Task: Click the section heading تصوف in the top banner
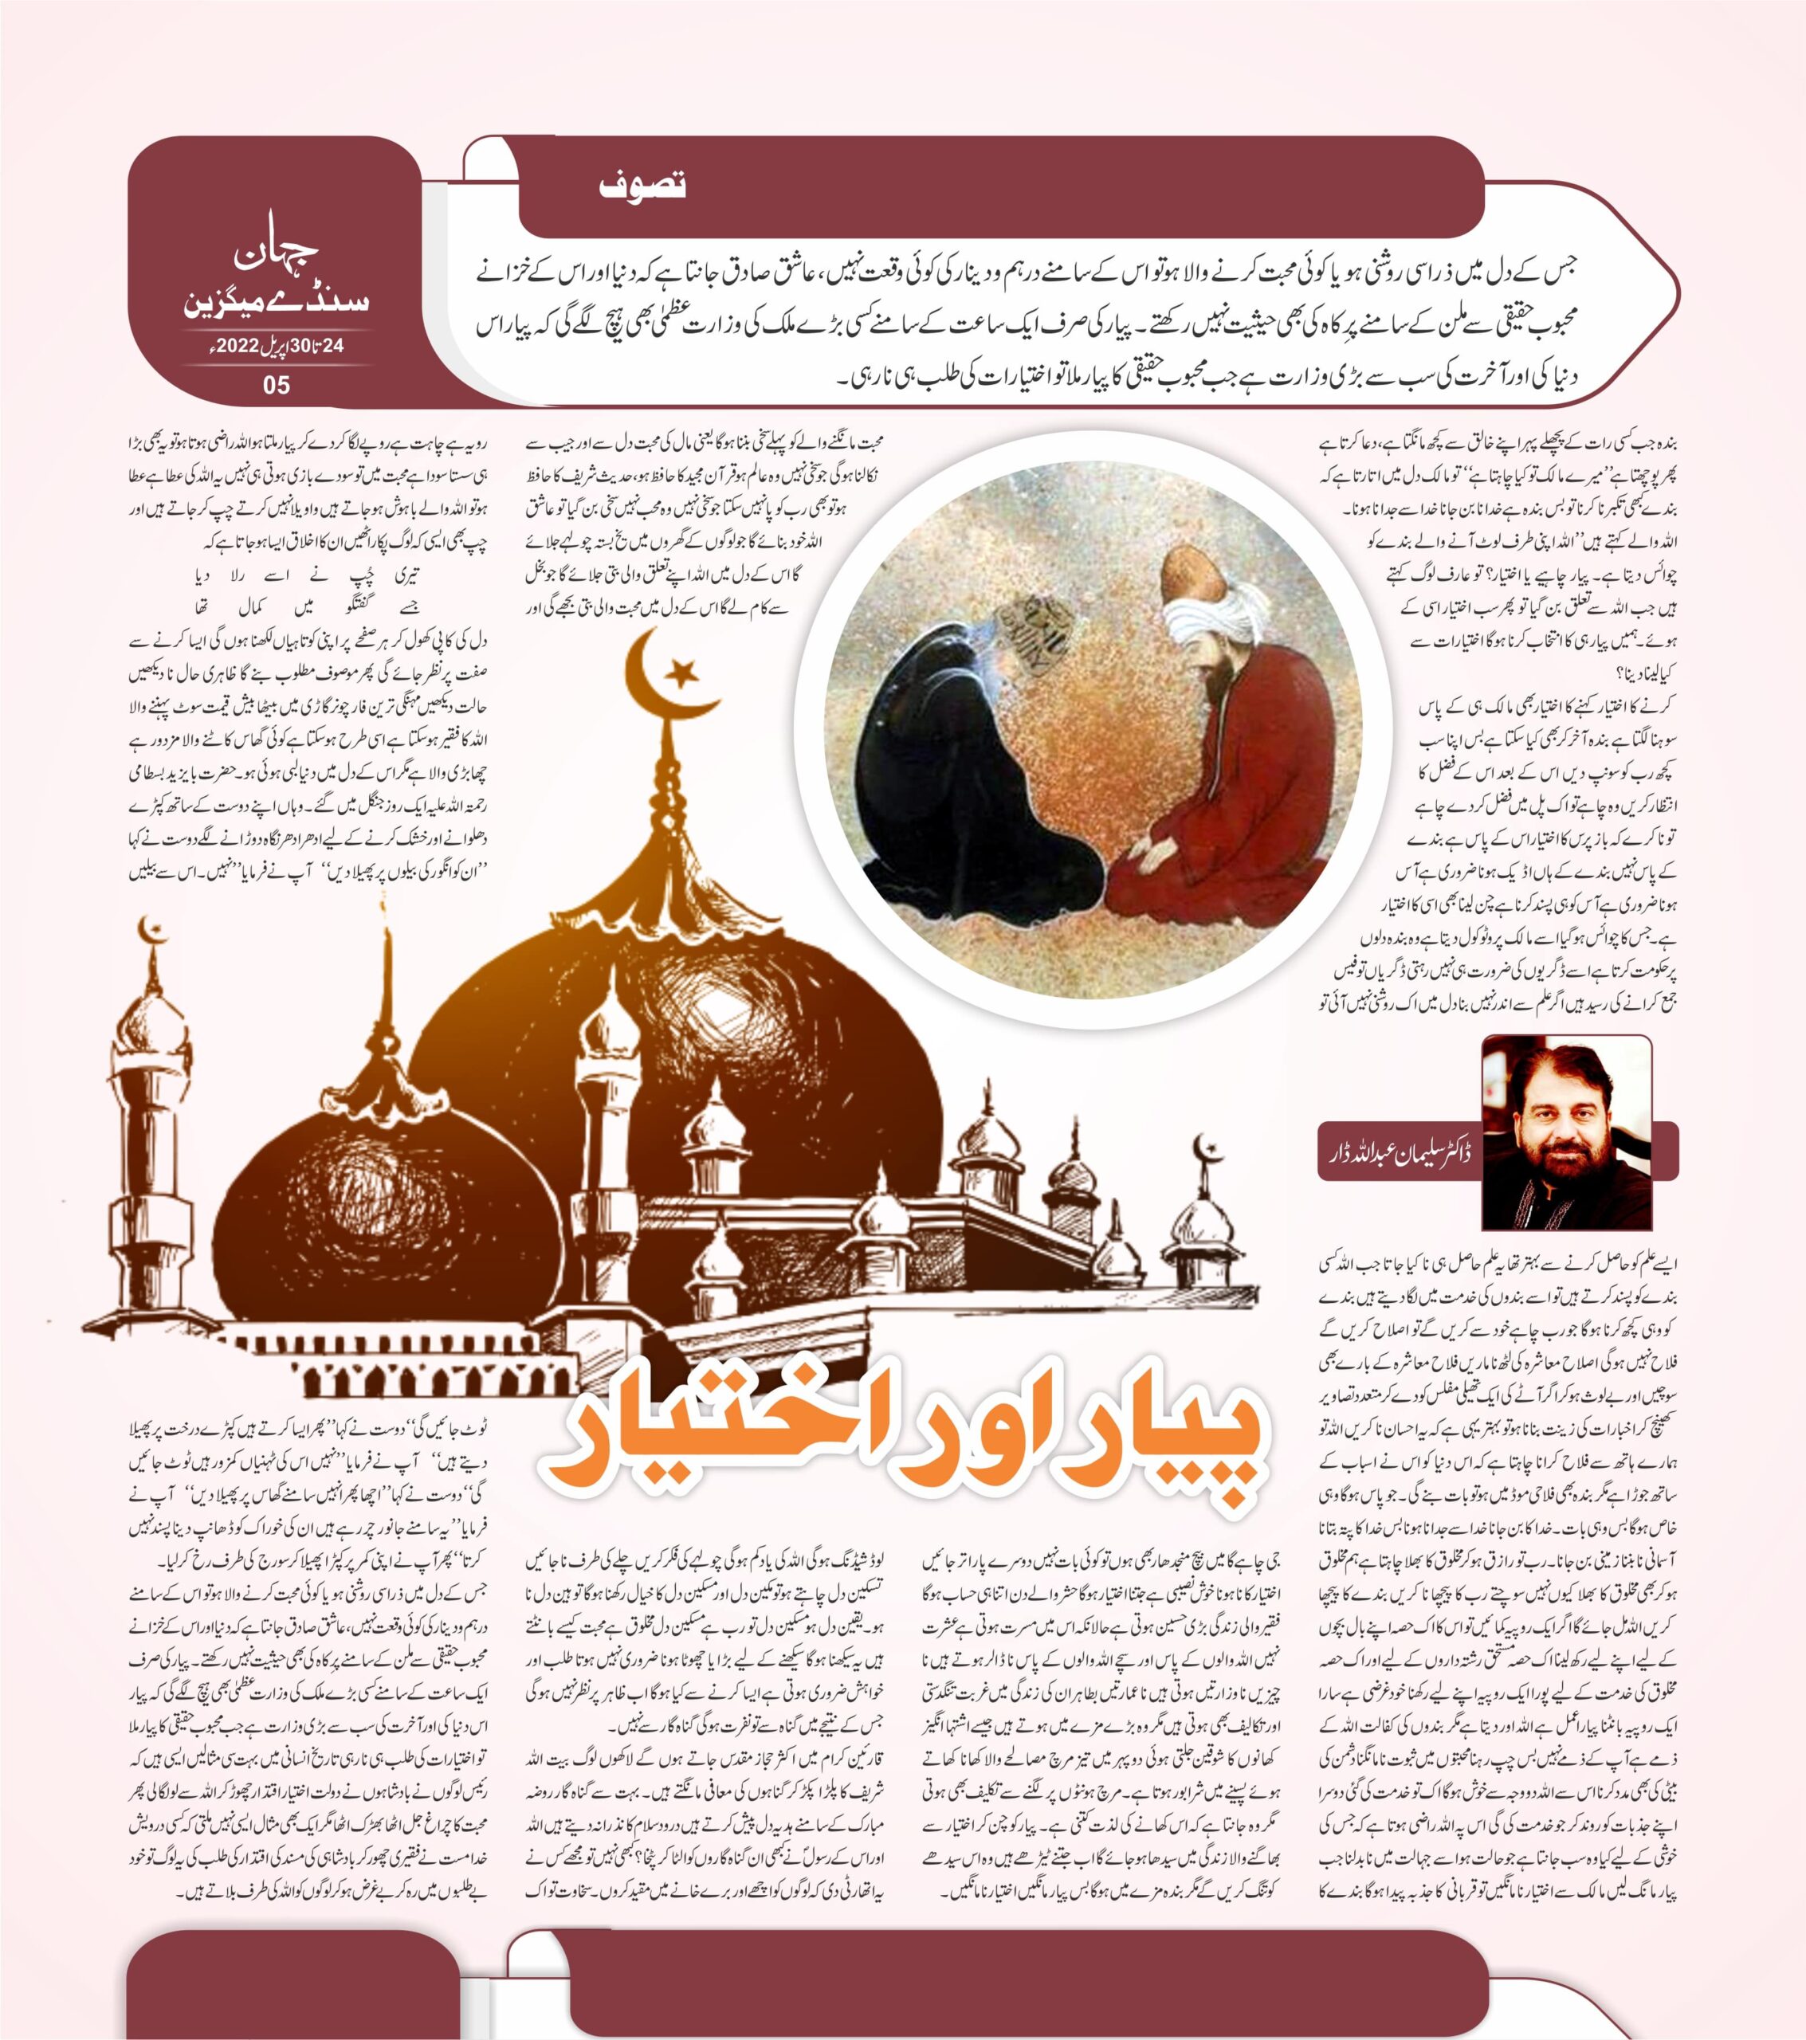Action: click(x=643, y=186)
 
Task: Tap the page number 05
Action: click(x=276, y=383)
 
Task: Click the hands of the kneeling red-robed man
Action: click(x=1148, y=849)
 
